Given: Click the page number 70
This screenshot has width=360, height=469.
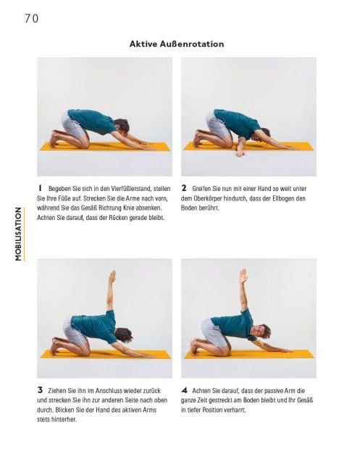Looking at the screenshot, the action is pos(31,19).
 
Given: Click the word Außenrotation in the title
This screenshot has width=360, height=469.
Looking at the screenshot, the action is pos(192,44).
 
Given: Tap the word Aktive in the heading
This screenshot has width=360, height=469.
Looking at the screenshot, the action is pos(143,44).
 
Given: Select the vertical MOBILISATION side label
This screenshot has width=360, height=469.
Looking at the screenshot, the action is pos(18,234).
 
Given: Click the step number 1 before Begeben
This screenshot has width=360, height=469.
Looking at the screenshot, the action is pos(40,188).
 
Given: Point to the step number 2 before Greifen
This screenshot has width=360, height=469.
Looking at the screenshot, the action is pos(184,188).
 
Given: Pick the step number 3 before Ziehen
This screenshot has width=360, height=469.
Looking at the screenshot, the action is pos(40,390).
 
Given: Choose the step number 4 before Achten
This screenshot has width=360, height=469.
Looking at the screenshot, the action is pos(184,390).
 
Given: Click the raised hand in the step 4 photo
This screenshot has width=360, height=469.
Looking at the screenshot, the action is pos(244,276).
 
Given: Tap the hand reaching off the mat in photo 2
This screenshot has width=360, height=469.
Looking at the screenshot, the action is pos(240,153).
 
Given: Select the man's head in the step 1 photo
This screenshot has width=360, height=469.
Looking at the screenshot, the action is pos(122,126).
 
